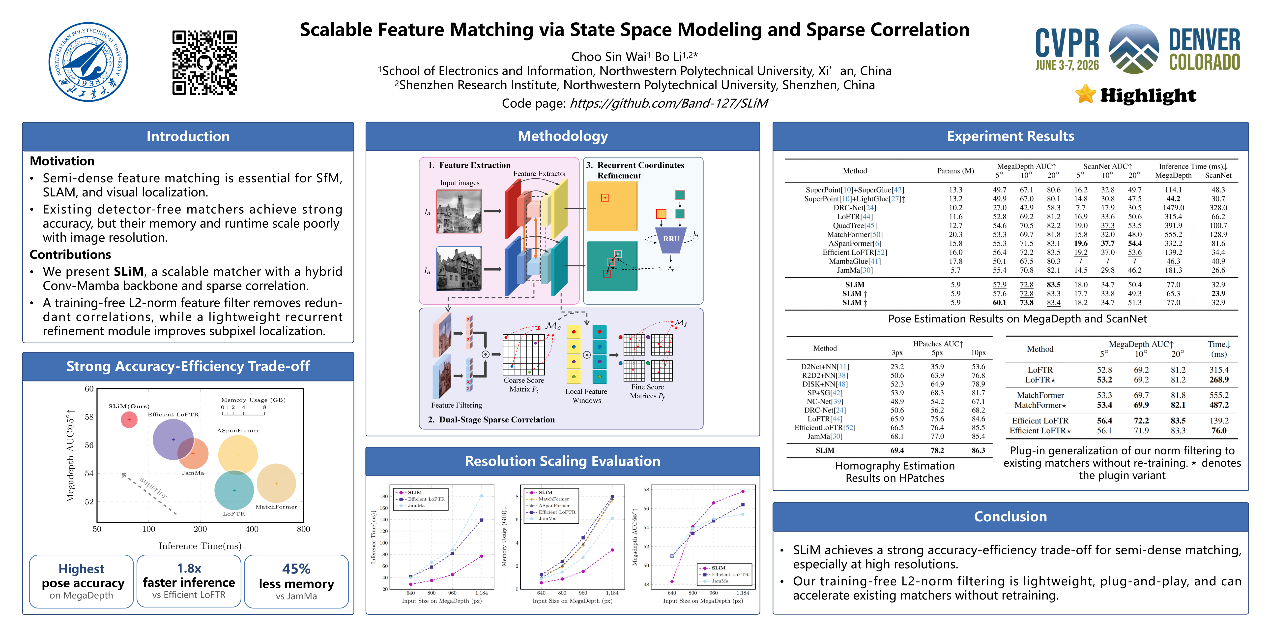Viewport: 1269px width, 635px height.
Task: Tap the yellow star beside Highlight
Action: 1085,94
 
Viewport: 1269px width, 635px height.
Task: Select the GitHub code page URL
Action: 668,103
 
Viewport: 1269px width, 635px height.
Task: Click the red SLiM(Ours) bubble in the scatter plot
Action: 129,419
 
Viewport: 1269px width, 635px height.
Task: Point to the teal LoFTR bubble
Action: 234,490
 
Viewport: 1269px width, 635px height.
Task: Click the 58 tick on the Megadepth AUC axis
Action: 89,417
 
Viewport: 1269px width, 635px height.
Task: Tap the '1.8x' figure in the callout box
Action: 189,569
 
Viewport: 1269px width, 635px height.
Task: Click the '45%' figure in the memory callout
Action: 296,569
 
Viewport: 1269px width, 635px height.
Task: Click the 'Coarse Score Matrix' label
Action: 524,384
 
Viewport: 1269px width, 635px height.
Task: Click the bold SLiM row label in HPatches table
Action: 825,450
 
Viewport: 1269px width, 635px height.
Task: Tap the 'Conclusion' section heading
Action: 1010,516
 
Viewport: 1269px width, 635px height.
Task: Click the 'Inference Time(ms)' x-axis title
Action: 200,546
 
